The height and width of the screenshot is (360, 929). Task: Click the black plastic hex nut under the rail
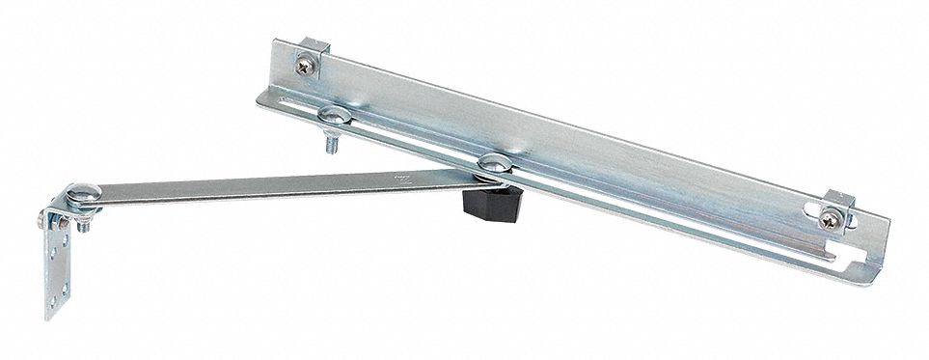click(493, 200)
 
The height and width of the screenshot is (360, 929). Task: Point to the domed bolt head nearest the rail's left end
click(333, 116)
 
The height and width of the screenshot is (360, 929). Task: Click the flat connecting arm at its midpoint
click(280, 185)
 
